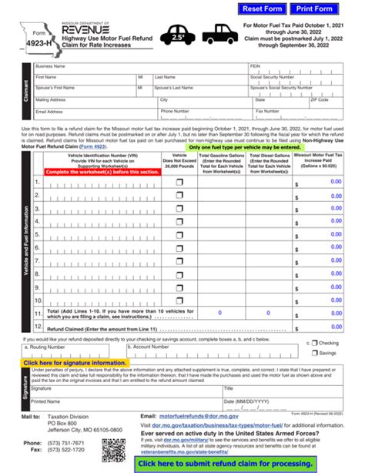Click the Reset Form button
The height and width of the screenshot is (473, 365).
[x=263, y=9]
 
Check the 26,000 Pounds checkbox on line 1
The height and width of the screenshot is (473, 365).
[x=179, y=182]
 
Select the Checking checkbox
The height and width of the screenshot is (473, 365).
[x=314, y=344]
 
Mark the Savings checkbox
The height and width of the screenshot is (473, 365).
[x=314, y=353]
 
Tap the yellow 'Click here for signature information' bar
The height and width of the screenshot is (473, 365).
[x=75, y=363]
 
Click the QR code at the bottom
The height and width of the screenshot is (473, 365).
[x=113, y=449]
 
